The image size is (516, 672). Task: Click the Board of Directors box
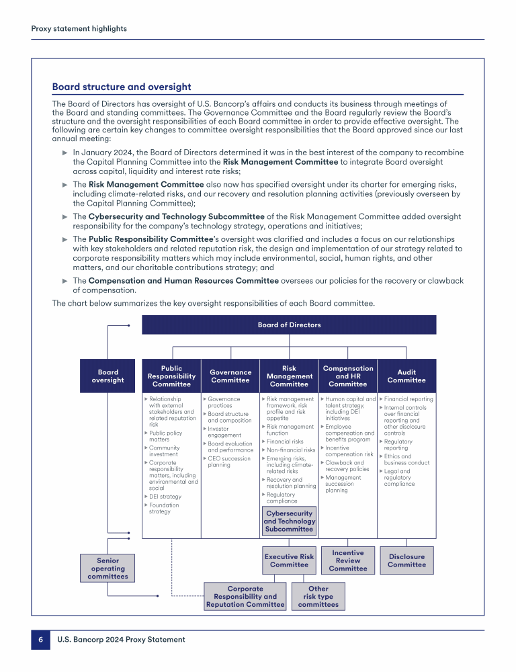pos(289,325)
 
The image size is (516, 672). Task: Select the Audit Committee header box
pos(406,376)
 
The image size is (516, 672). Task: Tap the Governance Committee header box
pos(230,376)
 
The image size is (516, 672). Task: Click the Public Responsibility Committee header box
pos(171,376)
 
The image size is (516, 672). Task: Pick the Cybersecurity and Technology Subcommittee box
pos(289,521)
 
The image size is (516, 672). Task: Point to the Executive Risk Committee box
pos(289,560)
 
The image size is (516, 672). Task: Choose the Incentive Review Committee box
pos(348,560)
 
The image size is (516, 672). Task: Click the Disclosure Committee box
pos(406,560)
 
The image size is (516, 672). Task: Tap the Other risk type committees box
pos(318,596)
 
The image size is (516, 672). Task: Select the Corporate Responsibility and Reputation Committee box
pos(245,596)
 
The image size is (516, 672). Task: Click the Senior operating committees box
pos(107,568)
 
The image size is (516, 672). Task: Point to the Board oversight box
pos(107,376)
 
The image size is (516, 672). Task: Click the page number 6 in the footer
pos(40,639)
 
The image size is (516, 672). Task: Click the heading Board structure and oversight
pos(122,87)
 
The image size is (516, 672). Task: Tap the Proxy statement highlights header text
pos(79,28)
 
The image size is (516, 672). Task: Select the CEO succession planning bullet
pos(230,462)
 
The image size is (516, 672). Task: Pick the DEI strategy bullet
pos(165,497)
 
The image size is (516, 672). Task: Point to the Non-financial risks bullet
pos(290,450)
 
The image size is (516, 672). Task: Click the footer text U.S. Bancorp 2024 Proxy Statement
pos(121,639)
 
